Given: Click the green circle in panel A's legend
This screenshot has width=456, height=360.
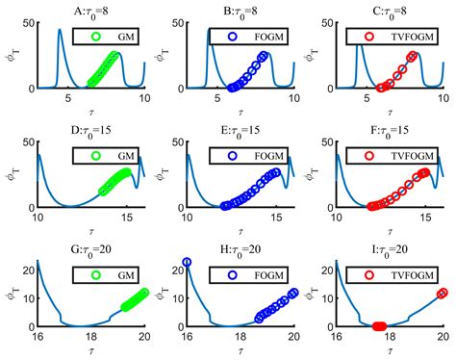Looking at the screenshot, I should click(x=95, y=39).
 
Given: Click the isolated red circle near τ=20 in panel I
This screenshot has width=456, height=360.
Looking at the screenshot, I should click(x=443, y=293).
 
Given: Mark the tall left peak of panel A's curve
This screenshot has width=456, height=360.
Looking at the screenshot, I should click(x=60, y=30).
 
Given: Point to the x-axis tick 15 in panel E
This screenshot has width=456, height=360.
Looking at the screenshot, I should click(x=276, y=218).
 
